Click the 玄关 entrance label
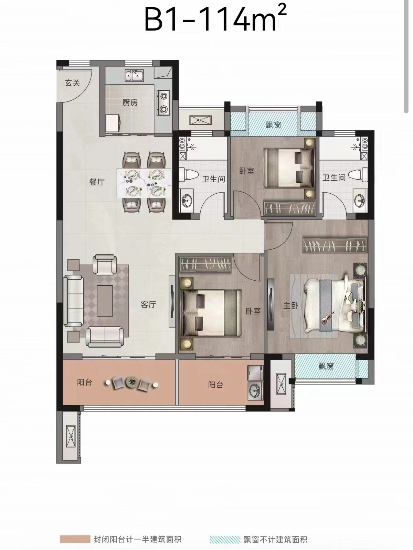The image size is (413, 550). (x=72, y=83)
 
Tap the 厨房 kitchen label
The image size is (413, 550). (x=130, y=102)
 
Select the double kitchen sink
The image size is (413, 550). (x=134, y=75)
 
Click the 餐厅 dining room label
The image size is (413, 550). (x=97, y=182)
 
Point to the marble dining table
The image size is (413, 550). (x=144, y=183)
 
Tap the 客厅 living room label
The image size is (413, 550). (x=148, y=304)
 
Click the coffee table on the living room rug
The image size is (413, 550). (x=105, y=301)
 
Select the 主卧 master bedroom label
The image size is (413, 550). (x=291, y=305)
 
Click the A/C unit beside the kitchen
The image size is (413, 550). (x=201, y=120)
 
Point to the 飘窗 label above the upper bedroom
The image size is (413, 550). (x=273, y=125)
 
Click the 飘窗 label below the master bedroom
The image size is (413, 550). (x=326, y=366)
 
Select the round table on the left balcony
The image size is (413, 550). (x=131, y=382)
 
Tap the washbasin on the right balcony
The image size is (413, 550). (x=255, y=390)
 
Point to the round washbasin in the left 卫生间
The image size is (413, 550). (x=187, y=200)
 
